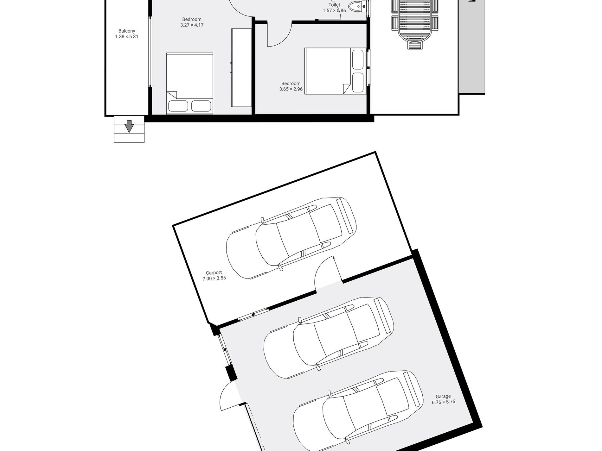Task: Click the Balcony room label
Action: pyautogui.click(x=126, y=31)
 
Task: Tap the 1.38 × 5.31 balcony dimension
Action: pyautogui.click(x=126, y=36)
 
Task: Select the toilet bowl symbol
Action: pyautogui.click(x=356, y=6)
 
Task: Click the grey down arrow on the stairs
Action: pyautogui.click(x=129, y=126)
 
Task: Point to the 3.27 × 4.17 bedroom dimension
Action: pyautogui.click(x=192, y=25)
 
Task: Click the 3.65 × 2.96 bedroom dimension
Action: pyautogui.click(x=291, y=89)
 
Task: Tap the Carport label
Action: pyautogui.click(x=214, y=272)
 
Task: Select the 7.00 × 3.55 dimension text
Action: pyautogui.click(x=214, y=279)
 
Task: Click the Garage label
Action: pyautogui.click(x=443, y=396)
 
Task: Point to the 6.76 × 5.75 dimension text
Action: pyautogui.click(x=443, y=402)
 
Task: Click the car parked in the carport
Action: pyautogui.click(x=291, y=238)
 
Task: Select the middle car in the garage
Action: pyautogui.click(x=329, y=338)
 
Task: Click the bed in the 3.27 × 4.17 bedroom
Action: pyautogui.click(x=189, y=83)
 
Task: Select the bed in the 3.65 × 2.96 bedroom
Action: pyautogui.click(x=335, y=71)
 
